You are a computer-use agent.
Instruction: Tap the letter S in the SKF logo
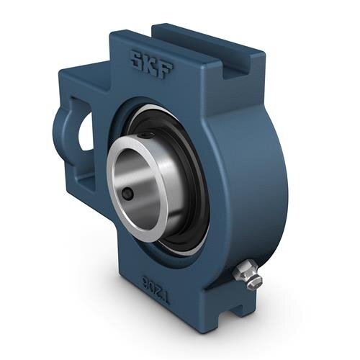coord(134,57)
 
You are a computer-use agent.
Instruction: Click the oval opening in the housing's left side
coord(82,130)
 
